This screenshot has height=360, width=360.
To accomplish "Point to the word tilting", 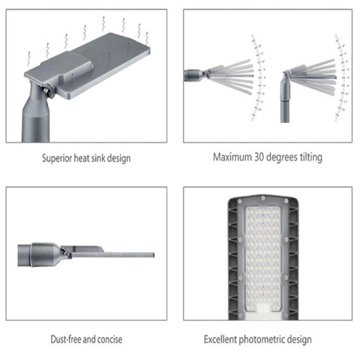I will [309, 157].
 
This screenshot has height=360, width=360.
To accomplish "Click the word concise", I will [109, 340].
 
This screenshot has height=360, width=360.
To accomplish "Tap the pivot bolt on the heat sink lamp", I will [50, 91].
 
